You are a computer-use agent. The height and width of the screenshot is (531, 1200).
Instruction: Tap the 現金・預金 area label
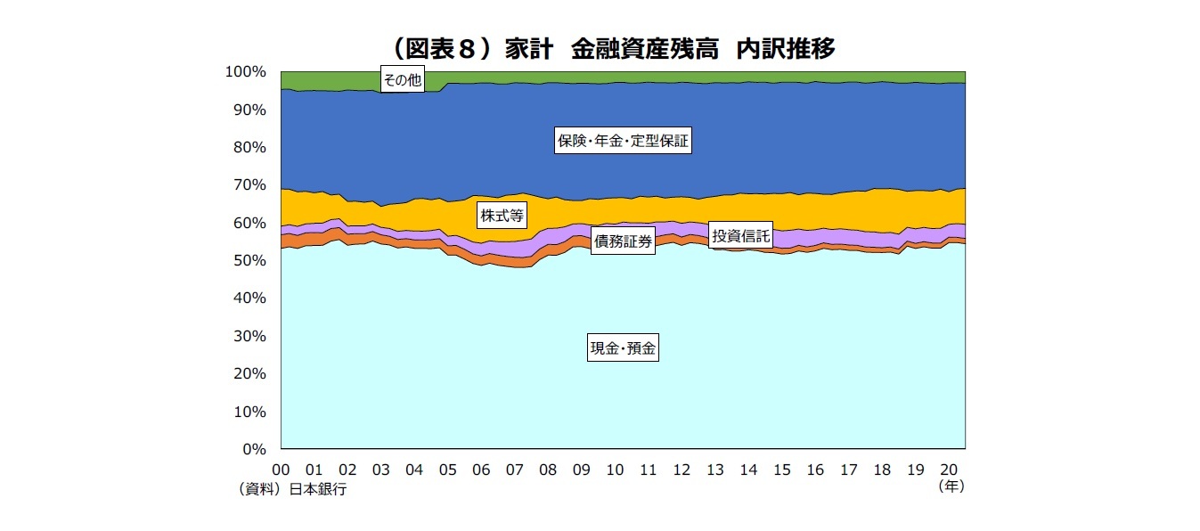624,348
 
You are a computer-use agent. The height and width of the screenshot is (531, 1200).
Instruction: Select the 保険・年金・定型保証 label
623,141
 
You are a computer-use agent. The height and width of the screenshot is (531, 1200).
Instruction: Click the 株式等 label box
502,215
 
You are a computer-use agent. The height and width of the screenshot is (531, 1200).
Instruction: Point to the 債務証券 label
624,241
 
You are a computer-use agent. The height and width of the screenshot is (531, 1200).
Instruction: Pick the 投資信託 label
740,236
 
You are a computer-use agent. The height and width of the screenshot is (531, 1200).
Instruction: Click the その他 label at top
401,80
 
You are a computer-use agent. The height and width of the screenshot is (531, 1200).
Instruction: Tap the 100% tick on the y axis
248,71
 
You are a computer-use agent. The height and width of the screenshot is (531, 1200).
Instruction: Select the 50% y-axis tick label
250,260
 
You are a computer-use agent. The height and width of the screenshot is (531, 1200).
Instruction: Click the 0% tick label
254,450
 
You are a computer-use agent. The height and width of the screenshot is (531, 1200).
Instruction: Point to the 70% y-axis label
250,184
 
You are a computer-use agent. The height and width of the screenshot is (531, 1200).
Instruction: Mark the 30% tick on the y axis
250,336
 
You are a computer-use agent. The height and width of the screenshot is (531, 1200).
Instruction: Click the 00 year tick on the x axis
281,470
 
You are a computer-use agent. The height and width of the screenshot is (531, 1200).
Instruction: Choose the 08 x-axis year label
548,470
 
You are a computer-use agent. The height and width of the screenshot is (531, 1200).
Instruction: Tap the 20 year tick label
949,470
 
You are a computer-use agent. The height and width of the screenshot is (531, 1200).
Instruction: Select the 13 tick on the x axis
714,470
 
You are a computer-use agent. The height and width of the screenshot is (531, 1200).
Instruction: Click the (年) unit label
951,486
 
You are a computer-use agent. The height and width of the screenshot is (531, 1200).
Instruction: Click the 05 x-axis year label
447,470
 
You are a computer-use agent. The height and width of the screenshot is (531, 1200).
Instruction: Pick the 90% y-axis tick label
250,110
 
